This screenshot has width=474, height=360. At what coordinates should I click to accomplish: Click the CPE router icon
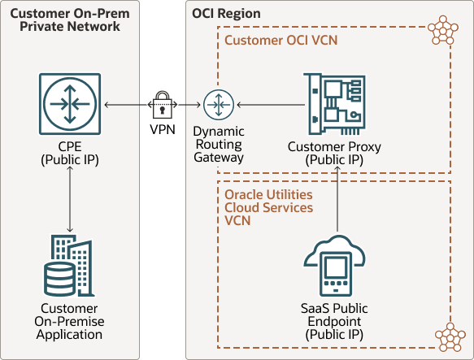click(x=69, y=104)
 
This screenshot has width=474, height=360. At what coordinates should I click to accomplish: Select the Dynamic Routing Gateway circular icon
click(x=218, y=105)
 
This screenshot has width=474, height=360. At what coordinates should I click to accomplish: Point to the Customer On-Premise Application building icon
click(x=69, y=267)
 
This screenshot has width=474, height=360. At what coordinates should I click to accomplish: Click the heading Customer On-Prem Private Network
click(x=64, y=20)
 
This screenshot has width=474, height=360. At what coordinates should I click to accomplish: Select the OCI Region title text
click(x=227, y=14)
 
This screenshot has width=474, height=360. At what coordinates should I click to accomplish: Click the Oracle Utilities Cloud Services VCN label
click(x=268, y=208)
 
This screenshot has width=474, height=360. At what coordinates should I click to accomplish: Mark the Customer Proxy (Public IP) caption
click(x=334, y=154)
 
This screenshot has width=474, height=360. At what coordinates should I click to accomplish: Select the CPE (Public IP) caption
click(x=69, y=153)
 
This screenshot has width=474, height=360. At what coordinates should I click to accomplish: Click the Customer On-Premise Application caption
click(x=69, y=321)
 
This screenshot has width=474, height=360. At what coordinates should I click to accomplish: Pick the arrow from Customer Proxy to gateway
click(x=268, y=105)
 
